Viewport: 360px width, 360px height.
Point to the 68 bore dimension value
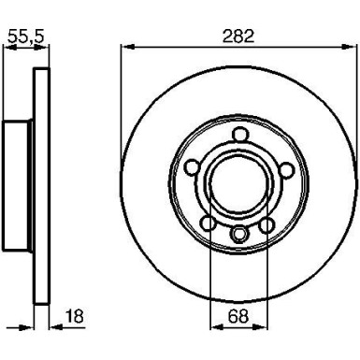(x=238, y=318)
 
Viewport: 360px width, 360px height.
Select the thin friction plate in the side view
(x=41, y=186)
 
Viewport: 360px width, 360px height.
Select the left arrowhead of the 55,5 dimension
(x=7, y=49)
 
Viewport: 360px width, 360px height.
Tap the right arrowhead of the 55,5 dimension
(x=44, y=49)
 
